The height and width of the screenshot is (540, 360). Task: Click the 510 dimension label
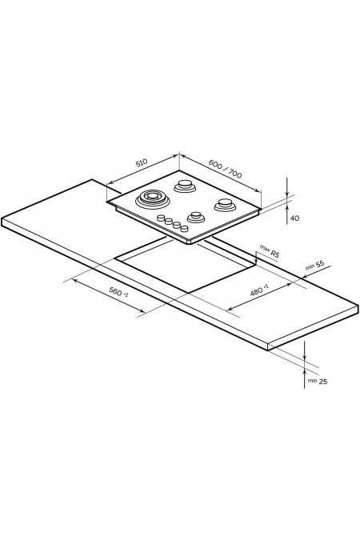tap(142, 162)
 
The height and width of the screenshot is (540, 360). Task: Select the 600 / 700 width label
tap(226, 170)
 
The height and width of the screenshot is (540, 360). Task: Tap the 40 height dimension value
tap(294, 218)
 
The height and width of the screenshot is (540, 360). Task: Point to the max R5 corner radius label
tap(270, 251)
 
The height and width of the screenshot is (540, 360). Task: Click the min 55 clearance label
tap(314, 266)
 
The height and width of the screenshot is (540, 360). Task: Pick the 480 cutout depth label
tap(259, 290)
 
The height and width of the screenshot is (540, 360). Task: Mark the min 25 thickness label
tap(318, 382)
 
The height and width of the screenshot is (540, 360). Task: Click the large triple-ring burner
tap(152, 198)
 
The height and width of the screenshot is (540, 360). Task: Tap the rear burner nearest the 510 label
tap(185, 186)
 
